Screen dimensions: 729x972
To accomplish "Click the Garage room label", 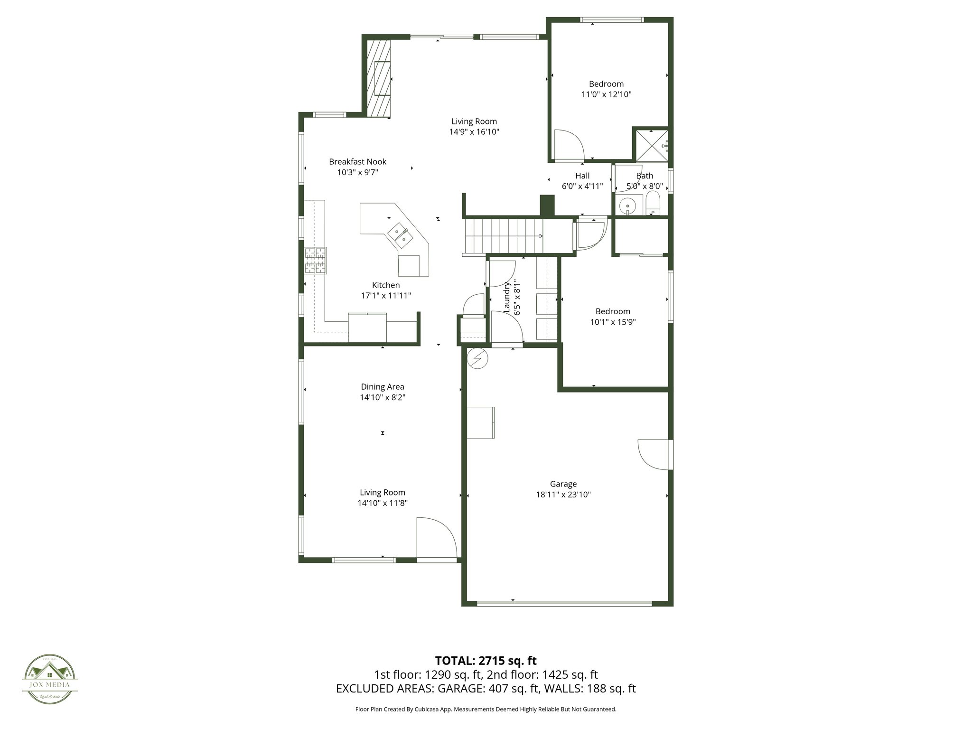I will (x=563, y=484).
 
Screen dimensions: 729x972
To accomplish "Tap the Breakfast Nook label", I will (x=357, y=162).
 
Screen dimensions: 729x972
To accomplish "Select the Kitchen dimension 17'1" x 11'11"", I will (x=386, y=296).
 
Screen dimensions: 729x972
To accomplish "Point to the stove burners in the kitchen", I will (x=316, y=261).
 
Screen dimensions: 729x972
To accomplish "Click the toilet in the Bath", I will (x=654, y=204).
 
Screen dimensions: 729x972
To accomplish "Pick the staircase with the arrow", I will (x=503, y=236).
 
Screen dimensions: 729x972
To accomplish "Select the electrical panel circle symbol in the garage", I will (x=477, y=358).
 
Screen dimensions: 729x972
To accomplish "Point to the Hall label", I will (x=582, y=176).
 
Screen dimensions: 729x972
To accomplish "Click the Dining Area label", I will (x=383, y=387).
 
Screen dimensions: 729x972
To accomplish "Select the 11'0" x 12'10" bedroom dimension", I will (x=606, y=94).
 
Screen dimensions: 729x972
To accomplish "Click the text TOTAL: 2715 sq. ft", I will (x=486, y=661).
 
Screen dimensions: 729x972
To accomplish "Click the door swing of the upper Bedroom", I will (x=569, y=144).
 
